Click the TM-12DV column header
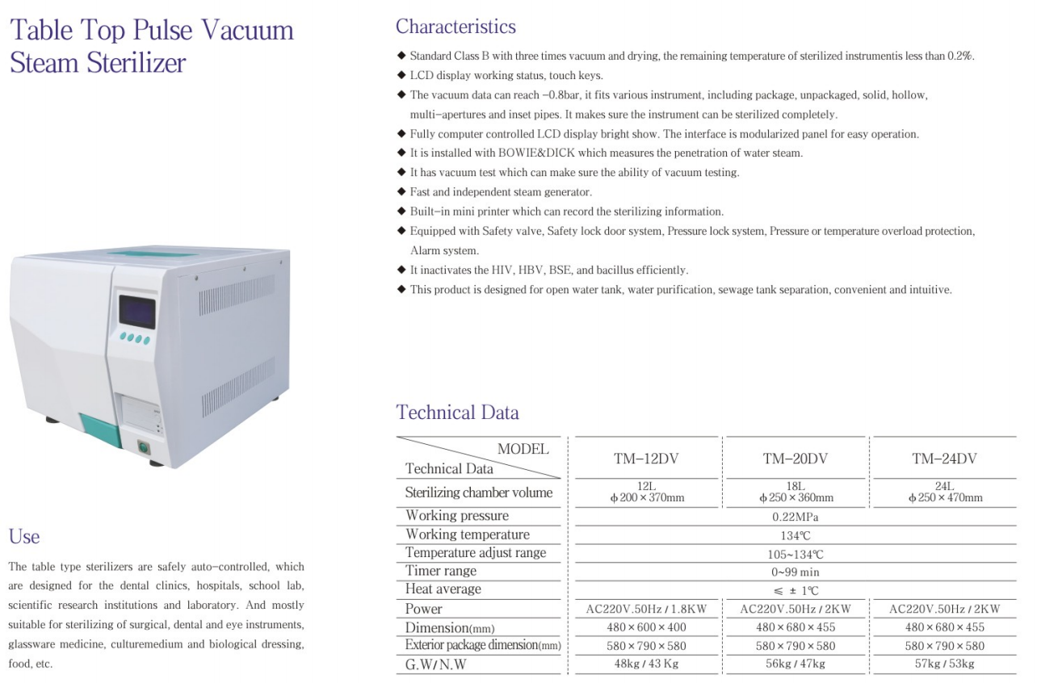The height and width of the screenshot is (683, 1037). [646, 459]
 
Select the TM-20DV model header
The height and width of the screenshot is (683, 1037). [796, 459]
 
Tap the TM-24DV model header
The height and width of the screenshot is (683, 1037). [944, 459]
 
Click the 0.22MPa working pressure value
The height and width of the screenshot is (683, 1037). [795, 517]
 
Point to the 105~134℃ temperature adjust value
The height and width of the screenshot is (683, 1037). [795, 554]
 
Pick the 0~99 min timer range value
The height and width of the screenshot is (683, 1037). [795, 572]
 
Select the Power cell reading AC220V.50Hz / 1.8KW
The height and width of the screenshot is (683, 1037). [646, 609]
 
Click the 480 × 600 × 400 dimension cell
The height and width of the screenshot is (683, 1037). [646, 627]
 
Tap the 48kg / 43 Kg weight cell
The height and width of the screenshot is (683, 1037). [646, 664]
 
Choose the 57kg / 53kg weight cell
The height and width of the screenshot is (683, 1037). [944, 664]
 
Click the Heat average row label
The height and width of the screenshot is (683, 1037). [443, 589]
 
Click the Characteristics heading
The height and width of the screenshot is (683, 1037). [456, 27]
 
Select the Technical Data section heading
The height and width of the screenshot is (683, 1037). [457, 413]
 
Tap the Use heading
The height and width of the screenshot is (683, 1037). [24, 536]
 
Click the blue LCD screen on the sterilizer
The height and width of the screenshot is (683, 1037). [136, 312]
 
